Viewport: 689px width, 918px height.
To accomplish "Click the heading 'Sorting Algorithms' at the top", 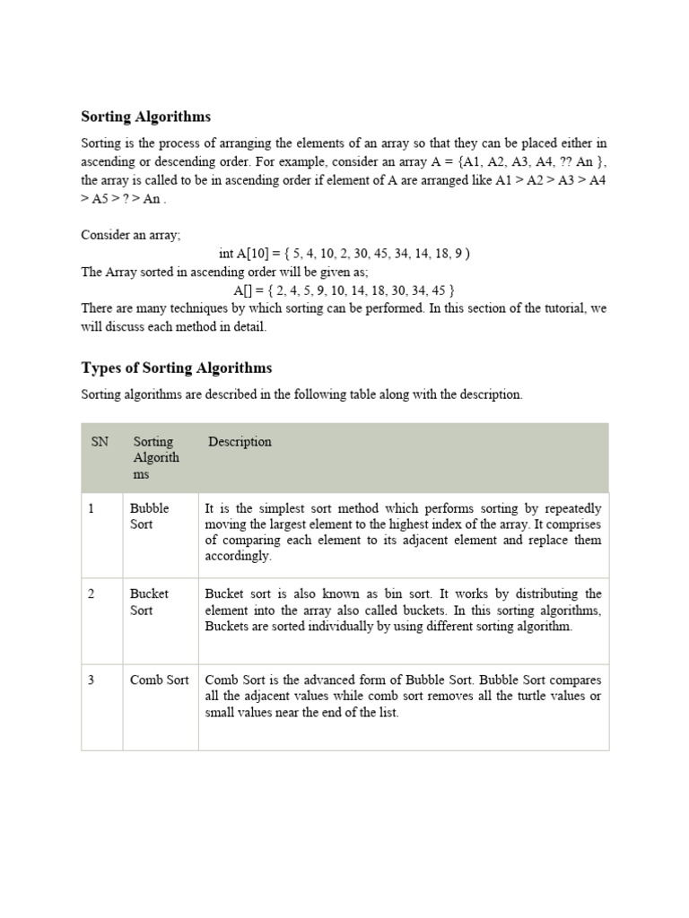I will coord(146,117).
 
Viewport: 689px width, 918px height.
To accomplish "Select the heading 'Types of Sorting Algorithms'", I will coord(177,368).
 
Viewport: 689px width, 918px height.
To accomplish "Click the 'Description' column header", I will coord(240,442).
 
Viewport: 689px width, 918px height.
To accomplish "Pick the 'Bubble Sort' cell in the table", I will coord(149,515).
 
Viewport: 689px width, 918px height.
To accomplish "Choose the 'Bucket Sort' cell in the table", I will coord(149,602).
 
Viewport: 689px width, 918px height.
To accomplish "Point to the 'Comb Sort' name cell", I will coord(159,680).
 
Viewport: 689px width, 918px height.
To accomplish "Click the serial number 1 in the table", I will coord(92,507).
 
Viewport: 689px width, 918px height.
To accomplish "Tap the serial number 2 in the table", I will coord(92,593).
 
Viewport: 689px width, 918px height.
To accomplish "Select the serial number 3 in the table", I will coord(92,680).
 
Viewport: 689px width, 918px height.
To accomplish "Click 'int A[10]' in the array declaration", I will coord(244,254).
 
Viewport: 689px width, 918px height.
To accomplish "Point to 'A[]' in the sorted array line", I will coord(244,290).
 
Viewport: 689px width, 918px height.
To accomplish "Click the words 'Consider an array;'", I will coord(131,236).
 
